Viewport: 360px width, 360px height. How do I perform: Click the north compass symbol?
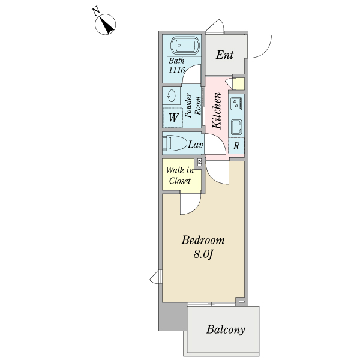tap(105, 24)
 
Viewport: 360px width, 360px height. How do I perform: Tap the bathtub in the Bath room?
tap(184, 46)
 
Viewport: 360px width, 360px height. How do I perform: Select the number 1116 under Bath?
tap(177, 70)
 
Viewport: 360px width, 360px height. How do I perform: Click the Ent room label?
tap(224, 55)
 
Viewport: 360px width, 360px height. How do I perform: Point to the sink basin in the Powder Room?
tap(172, 95)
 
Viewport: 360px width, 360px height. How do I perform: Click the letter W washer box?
tap(173, 118)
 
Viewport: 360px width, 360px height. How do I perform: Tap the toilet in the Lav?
tap(175, 143)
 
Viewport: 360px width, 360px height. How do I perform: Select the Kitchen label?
tap(217, 110)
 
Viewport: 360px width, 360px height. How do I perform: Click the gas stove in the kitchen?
tap(236, 103)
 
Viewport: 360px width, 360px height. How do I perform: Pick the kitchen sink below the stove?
tap(236, 127)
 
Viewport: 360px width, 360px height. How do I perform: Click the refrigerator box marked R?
tap(236, 146)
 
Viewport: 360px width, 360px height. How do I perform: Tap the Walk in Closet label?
tap(180, 176)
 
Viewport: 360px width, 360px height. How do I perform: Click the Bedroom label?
tap(203, 240)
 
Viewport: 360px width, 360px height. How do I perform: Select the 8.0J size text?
tap(203, 254)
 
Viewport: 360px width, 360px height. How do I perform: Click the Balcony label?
tap(226, 329)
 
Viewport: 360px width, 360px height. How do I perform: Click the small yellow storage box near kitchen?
tap(239, 84)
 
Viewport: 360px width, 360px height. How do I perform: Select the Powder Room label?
tap(193, 106)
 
